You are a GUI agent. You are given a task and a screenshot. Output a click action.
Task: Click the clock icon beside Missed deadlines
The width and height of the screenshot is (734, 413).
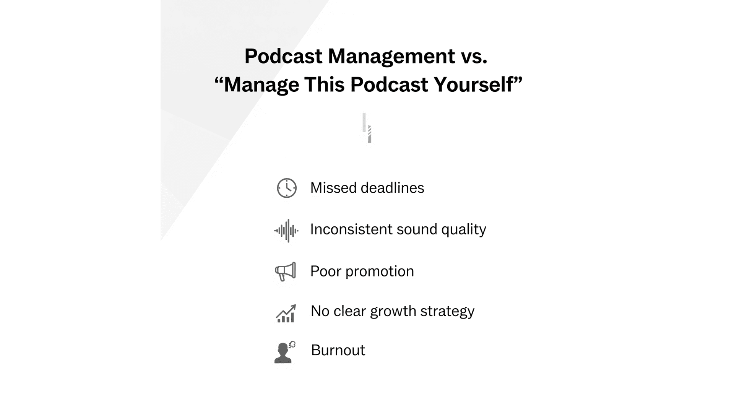(287, 188)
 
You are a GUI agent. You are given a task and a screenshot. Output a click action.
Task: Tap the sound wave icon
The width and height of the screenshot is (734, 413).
(286, 231)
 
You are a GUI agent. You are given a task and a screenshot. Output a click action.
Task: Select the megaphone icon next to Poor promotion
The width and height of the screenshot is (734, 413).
(286, 272)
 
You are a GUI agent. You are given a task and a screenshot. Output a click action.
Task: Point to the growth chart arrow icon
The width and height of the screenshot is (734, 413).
(286, 314)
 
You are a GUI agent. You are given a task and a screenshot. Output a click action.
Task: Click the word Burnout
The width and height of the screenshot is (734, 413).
(338, 350)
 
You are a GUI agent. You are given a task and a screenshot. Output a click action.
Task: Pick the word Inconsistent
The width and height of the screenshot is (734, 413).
(351, 229)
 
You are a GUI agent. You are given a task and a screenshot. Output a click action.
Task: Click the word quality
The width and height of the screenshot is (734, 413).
(464, 229)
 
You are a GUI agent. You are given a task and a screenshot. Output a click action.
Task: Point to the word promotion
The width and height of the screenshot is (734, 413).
(380, 272)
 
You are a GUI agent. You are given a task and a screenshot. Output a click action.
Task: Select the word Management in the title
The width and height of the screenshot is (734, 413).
(391, 56)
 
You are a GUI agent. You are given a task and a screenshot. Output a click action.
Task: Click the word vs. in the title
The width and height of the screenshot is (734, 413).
(474, 56)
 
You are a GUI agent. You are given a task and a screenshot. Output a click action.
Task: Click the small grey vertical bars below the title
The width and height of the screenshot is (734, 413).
(367, 128)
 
